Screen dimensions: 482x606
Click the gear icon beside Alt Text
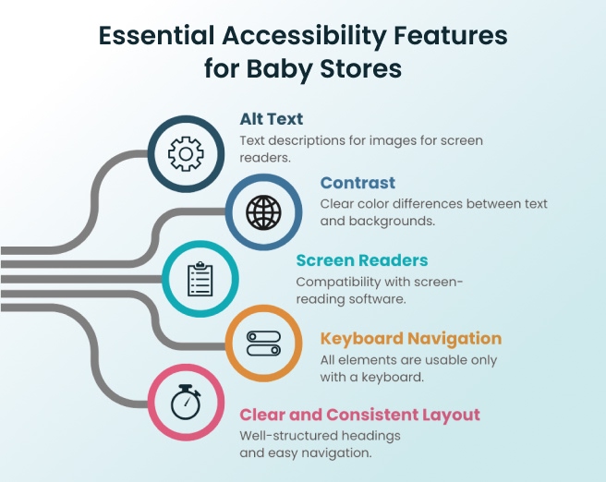click(x=186, y=153)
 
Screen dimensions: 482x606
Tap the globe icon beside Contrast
click(x=263, y=212)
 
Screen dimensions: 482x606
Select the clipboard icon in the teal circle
click(x=200, y=279)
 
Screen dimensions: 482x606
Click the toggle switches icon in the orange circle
click(x=263, y=343)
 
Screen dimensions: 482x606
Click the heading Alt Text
click(x=272, y=119)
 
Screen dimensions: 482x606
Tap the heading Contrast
click(x=358, y=183)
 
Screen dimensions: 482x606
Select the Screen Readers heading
click(x=361, y=260)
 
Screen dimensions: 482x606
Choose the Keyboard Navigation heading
click(x=410, y=338)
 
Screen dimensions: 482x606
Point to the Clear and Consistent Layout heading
click(x=359, y=415)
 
